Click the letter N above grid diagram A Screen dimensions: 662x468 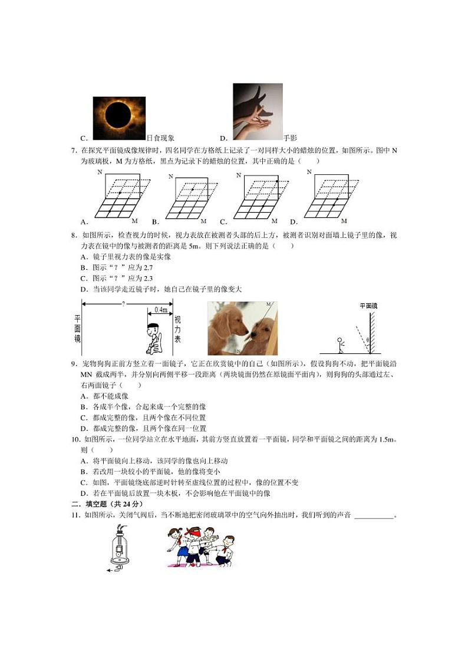click(100, 172)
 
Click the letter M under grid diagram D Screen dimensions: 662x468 click(344, 221)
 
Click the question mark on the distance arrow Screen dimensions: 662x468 click(123, 304)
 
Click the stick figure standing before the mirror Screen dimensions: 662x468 click(339, 345)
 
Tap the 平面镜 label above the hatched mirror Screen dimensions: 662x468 click(368, 306)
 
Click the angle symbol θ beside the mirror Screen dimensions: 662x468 click(367, 340)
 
